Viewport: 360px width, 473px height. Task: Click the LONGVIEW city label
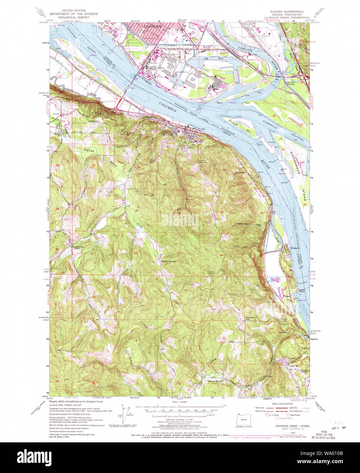tap(154, 26)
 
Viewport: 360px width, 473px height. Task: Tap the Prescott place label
tap(294, 248)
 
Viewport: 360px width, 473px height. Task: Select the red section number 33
tap(179, 253)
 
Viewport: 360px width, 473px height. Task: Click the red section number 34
tap(222, 255)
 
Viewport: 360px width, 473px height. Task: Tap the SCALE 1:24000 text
tap(180, 402)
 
